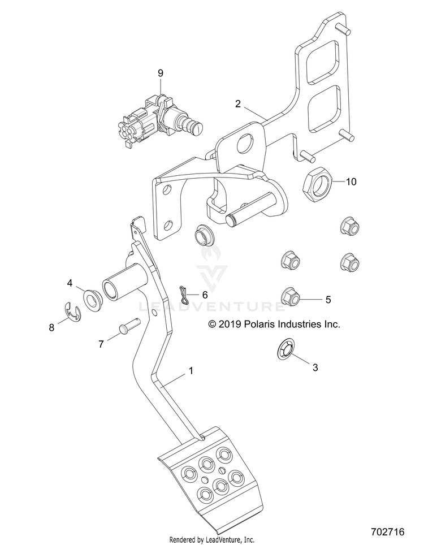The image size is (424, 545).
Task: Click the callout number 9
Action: click(x=160, y=73)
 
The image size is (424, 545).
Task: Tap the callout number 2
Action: click(x=237, y=104)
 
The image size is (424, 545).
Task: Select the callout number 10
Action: click(x=351, y=181)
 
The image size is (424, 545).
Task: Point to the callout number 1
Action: click(x=191, y=371)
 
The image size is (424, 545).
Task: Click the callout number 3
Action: click(x=315, y=367)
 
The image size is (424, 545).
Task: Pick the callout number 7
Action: click(x=101, y=344)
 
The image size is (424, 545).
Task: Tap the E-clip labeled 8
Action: click(x=72, y=312)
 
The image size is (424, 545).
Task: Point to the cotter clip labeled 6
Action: click(x=184, y=294)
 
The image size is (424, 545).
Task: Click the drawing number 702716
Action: click(x=387, y=532)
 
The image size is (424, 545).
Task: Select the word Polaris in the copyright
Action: click(x=257, y=325)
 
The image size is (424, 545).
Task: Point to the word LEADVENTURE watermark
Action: click(x=211, y=306)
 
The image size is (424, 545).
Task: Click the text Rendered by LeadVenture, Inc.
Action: click(x=211, y=540)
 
